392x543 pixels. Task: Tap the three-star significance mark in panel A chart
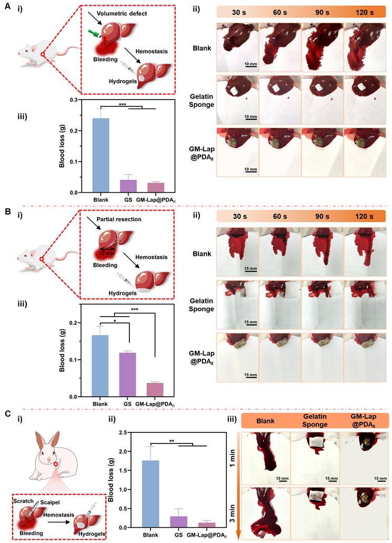(122, 105)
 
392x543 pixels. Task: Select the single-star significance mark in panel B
(115, 320)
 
